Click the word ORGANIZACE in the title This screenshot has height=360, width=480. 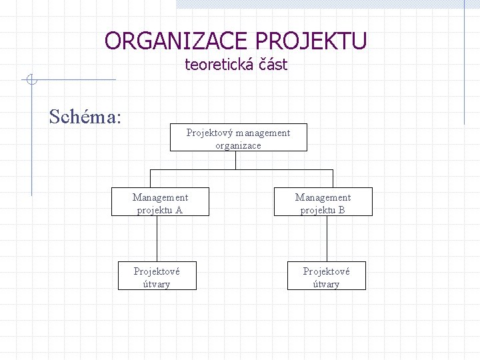pyautogui.click(x=177, y=41)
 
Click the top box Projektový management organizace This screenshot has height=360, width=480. pyautogui.click(x=238, y=138)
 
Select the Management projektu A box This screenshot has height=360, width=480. pyautogui.click(x=160, y=203)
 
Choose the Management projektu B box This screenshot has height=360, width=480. pyautogui.click(x=323, y=203)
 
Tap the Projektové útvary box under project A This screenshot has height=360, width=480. pyautogui.click(x=157, y=277)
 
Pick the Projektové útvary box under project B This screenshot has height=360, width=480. pyautogui.click(x=326, y=277)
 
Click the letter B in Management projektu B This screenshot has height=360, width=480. pyautogui.click(x=341, y=210)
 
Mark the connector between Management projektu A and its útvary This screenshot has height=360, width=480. pyautogui.click(x=157, y=240)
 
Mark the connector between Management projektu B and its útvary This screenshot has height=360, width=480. pyautogui.click(x=327, y=240)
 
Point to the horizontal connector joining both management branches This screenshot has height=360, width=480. pyautogui.click(x=241, y=169)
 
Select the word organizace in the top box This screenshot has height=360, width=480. pyautogui.click(x=238, y=145)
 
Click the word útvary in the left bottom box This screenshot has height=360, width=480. pyautogui.click(x=157, y=284)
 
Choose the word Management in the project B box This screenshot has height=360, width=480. pyautogui.click(x=323, y=197)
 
